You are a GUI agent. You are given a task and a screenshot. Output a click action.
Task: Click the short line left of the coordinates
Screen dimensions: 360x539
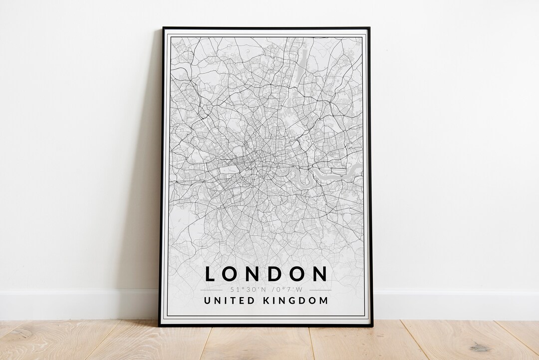[x=211, y=290]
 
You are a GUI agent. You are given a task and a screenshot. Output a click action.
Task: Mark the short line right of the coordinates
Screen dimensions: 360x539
[x=320, y=290]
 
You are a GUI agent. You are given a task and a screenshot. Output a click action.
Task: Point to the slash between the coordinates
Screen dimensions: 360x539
[x=269, y=290]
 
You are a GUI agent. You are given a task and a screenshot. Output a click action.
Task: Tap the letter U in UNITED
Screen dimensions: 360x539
[x=207, y=301]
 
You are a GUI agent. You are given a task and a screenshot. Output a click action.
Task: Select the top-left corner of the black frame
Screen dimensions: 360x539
[x=164, y=28]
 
